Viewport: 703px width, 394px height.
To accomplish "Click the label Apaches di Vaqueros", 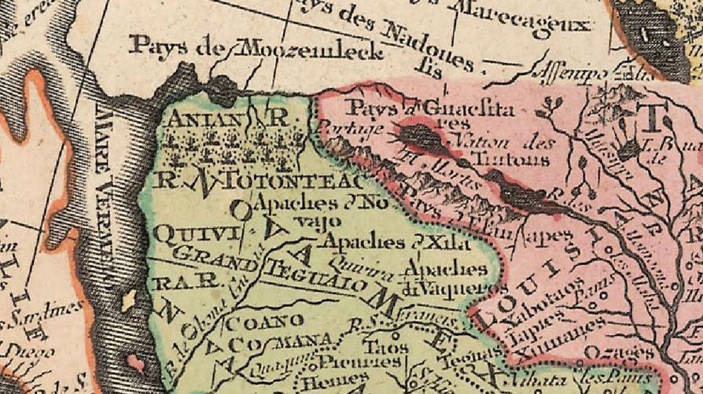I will click(x=443, y=279).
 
